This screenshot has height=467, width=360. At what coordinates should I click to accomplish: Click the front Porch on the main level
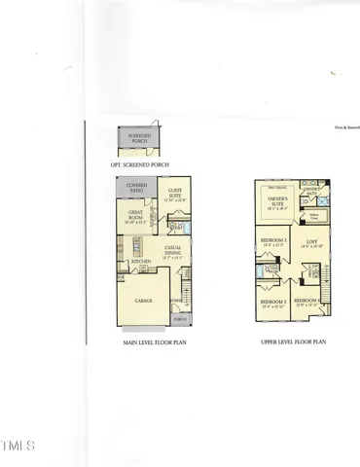[x=179, y=318]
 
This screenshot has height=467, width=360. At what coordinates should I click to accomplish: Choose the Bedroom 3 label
[x=272, y=304]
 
